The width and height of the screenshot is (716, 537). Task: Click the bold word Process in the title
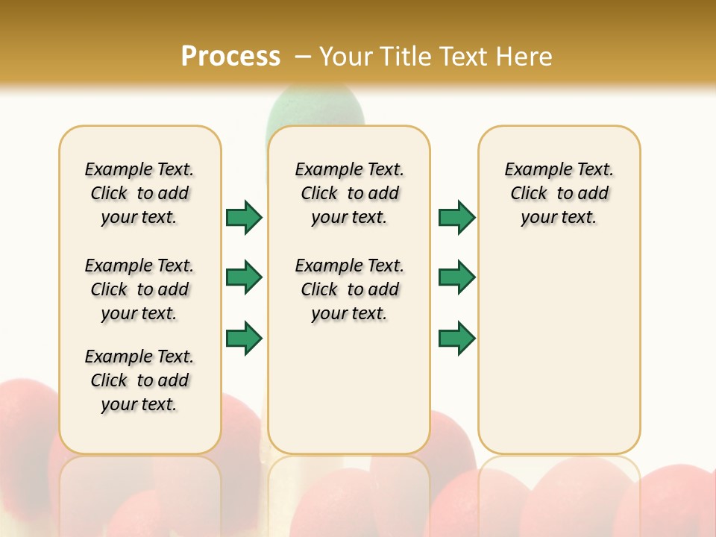click(x=230, y=56)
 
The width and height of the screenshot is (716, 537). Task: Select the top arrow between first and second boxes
click(x=244, y=217)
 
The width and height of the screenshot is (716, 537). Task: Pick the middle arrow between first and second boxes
click(x=244, y=277)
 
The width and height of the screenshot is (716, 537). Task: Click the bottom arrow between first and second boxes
click(x=244, y=339)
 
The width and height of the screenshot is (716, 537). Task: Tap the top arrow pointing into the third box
click(x=456, y=217)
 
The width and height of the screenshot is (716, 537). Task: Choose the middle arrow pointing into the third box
click(x=456, y=277)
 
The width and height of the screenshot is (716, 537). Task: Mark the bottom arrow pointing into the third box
click(x=456, y=339)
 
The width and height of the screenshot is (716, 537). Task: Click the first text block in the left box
click(x=139, y=193)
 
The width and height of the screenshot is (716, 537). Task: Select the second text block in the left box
click(x=139, y=289)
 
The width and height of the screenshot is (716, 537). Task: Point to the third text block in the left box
click(x=139, y=380)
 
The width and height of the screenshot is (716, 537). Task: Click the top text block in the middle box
click(x=349, y=193)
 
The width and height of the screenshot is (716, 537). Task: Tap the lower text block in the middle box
click(x=349, y=289)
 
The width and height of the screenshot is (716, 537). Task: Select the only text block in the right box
click(x=559, y=193)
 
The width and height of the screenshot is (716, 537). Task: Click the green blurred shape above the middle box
click(x=313, y=108)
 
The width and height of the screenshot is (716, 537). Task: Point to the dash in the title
click(x=303, y=57)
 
